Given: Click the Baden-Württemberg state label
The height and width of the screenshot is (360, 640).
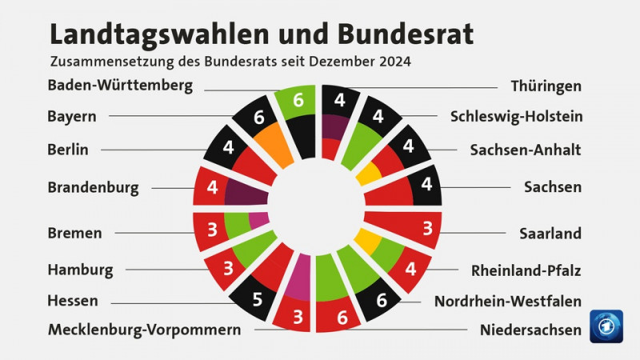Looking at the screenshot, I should (120, 86).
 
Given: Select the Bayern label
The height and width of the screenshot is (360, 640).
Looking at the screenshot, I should (72, 117).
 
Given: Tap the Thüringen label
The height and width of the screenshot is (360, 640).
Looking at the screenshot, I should (546, 86).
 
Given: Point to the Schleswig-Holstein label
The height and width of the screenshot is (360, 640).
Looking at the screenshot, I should (516, 117).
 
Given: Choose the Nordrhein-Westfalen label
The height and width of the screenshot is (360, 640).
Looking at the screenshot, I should (507, 301).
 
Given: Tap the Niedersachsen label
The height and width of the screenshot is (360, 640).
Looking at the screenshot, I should (530, 330).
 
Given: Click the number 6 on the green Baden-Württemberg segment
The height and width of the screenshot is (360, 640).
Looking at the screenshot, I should (298, 101).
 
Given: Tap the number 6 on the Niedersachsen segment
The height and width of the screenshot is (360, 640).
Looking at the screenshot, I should (342, 318).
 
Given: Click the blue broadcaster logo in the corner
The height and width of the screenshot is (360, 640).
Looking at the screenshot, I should (606, 326).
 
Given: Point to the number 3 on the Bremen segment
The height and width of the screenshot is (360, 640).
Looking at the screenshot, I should (212, 230).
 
